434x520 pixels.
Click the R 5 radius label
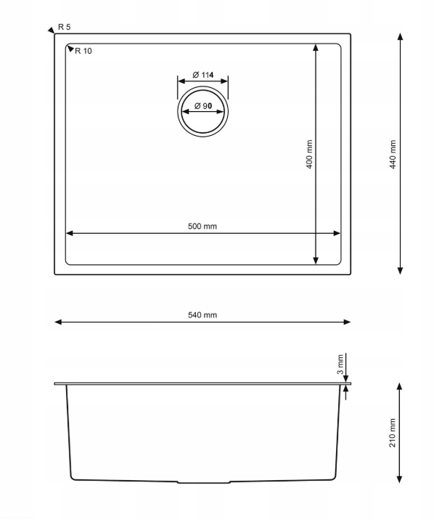pyautogui.click(x=65, y=27)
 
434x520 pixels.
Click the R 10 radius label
pyautogui.click(x=83, y=51)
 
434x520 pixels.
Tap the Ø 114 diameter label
pyautogui.click(x=202, y=75)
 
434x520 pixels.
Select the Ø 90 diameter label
pyautogui.click(x=203, y=106)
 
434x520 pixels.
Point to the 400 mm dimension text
pyautogui.click(x=309, y=154)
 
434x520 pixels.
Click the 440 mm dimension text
pyautogui.click(x=393, y=154)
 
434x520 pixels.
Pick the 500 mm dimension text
pyautogui.click(x=202, y=226)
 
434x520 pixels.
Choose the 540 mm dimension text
pyautogui.click(x=202, y=314)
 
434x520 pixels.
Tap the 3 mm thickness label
pyautogui.click(x=340, y=364)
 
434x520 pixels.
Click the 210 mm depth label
pyautogui.click(x=392, y=433)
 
